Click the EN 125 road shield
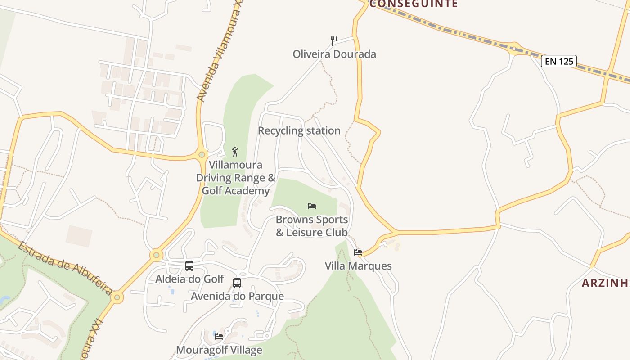coord(559,61)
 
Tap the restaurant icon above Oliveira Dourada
coord(334,41)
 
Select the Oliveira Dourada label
coord(334,54)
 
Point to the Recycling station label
coord(299,131)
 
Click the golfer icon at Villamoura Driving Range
coord(234,152)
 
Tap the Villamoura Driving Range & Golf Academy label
coord(235,178)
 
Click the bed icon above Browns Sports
coord(312,206)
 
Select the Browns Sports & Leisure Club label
coord(312,226)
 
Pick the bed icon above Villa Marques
coord(358,252)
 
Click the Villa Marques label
coord(358,266)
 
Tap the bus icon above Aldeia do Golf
coord(189,266)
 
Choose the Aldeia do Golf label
coord(189,279)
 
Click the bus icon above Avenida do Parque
coord(237,283)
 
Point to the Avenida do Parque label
coord(237,296)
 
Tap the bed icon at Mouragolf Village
coord(219,336)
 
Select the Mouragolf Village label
coord(219,350)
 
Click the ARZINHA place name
coord(605,283)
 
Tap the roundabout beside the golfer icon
coord(202,154)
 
